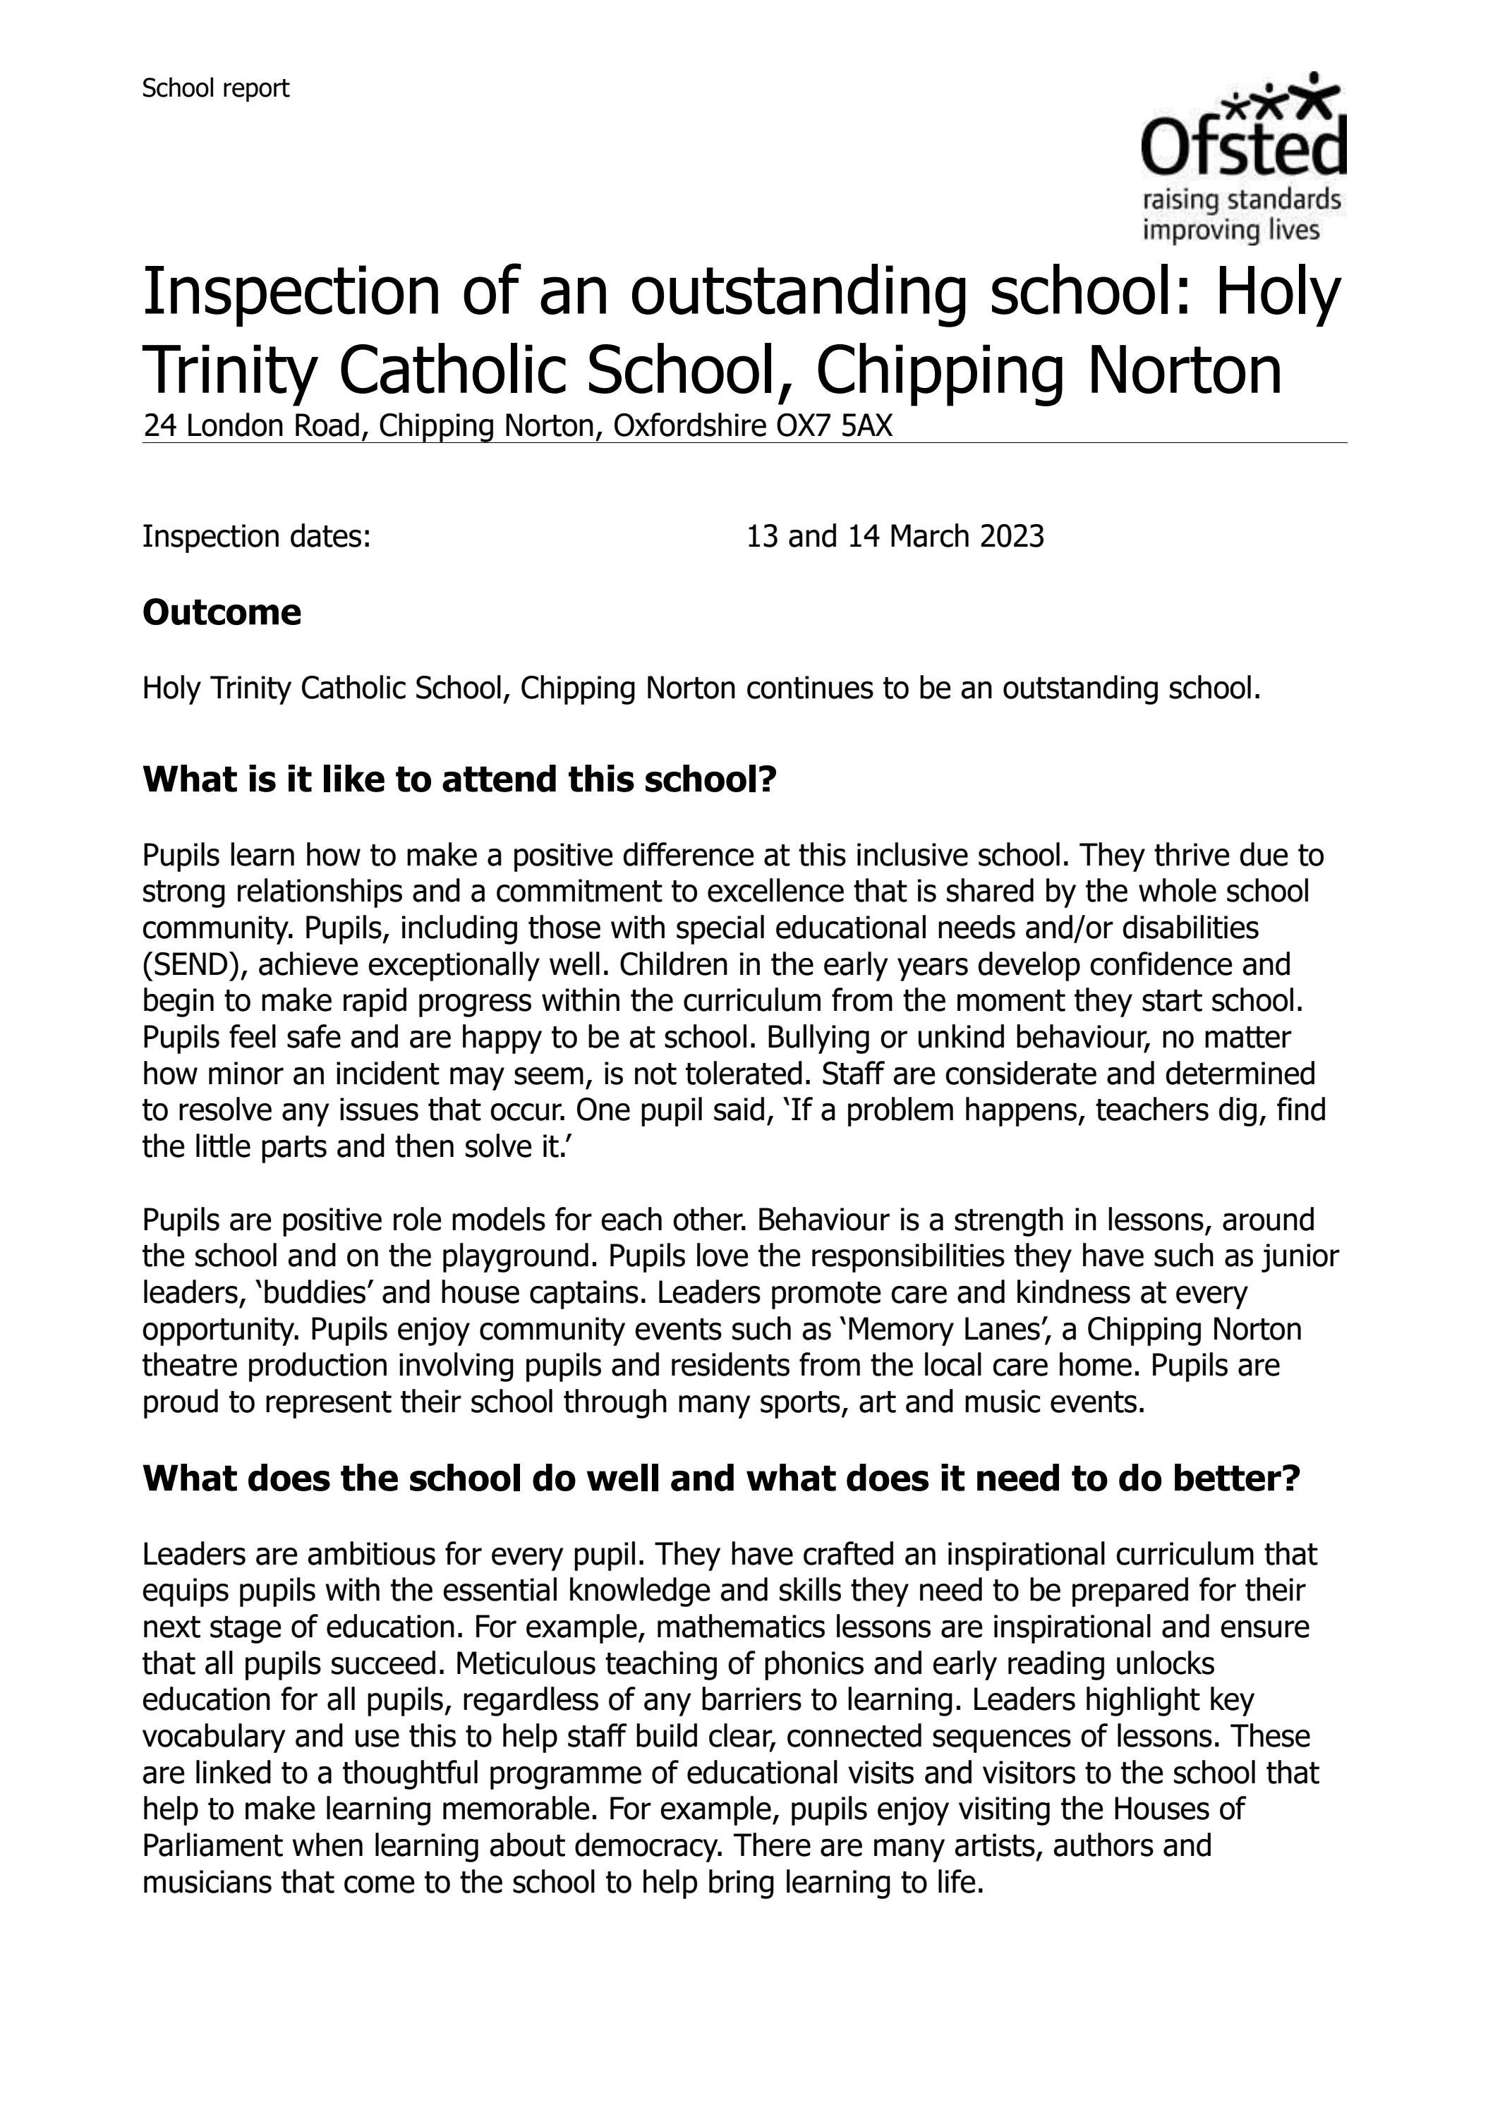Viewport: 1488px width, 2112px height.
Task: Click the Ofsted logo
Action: (x=1242, y=138)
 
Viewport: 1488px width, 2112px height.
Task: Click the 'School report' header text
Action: (x=215, y=88)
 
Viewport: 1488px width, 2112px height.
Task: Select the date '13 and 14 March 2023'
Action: (x=895, y=536)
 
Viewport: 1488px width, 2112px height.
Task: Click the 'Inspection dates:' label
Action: (x=256, y=536)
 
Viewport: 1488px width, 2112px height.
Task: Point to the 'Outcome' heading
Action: (x=222, y=612)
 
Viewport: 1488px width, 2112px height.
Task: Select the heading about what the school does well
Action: (x=722, y=1479)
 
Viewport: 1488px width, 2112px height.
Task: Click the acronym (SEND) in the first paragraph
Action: (x=190, y=964)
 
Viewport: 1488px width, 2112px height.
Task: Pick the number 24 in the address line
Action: (x=158, y=426)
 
